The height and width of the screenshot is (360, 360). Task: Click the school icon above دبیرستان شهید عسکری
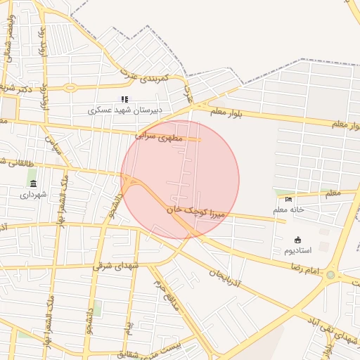click(x=125, y=99)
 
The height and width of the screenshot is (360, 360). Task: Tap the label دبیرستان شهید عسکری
click(x=125, y=110)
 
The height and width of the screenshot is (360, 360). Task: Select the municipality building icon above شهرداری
click(x=33, y=184)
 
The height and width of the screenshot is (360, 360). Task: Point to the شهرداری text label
click(x=33, y=195)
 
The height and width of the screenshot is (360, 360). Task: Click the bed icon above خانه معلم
click(x=288, y=199)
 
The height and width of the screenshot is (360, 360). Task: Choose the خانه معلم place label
click(x=288, y=210)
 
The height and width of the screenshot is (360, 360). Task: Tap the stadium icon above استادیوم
click(x=297, y=240)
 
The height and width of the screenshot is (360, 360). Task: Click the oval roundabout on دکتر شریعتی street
click(x=70, y=88)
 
